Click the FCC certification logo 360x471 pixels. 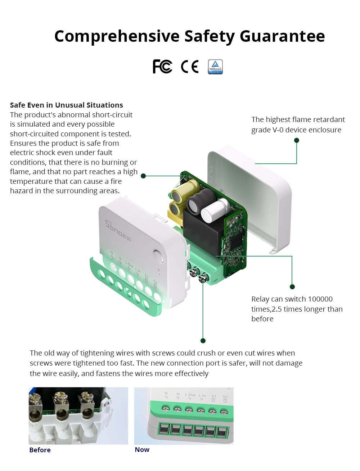pos(162,67)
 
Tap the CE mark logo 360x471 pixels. pos(190,67)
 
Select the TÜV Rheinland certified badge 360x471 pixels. pos(215,67)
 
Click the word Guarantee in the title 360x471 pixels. pos(282,36)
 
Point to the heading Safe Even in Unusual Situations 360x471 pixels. pos(66,105)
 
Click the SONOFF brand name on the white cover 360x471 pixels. pos(118,230)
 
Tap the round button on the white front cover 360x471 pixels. pos(158,256)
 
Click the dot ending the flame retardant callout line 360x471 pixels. pos(297,140)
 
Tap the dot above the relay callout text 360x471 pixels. pos(292,287)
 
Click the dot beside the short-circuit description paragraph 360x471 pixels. pos(143,176)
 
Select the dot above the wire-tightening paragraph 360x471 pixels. pos(203,341)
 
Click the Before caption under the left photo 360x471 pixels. pos(40,450)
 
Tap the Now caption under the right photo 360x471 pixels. pos(142,450)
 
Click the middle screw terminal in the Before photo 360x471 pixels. pos(60,401)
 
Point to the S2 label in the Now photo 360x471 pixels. pos(225,397)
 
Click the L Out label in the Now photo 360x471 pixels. pos(190,395)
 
